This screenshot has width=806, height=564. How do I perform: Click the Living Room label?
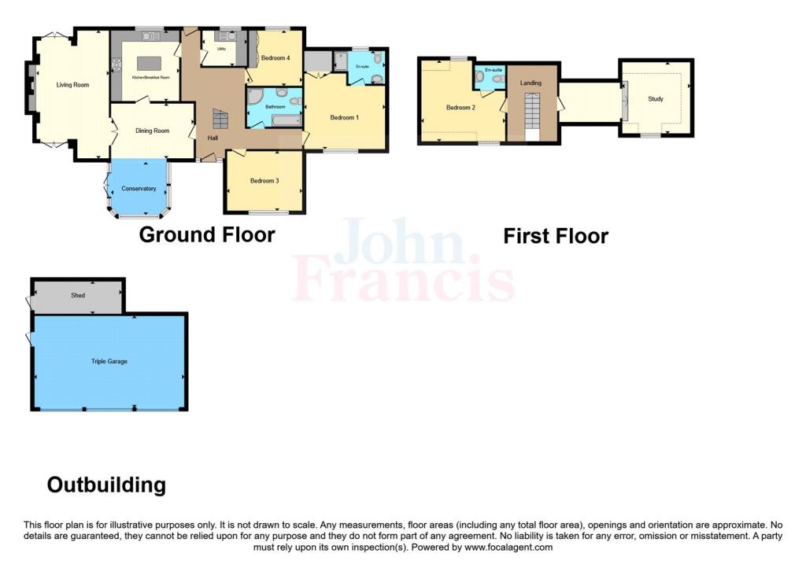click(72, 84)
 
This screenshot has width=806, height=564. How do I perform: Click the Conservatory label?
click(139, 189)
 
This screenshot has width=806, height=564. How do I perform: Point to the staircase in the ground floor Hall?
click(220, 120)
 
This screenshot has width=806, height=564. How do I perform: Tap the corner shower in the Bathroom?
click(255, 97)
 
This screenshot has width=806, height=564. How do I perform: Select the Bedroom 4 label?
click(275, 58)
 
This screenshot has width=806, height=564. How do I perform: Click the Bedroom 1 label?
click(344, 118)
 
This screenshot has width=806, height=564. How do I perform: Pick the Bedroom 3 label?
click(264, 181)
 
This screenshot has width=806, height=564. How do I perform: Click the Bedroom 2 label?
click(460, 108)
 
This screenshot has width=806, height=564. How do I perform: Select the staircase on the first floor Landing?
click(533, 113)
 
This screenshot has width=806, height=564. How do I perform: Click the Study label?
click(655, 99)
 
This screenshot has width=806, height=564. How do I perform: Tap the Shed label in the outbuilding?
click(77, 296)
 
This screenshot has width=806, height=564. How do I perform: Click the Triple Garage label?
click(109, 361)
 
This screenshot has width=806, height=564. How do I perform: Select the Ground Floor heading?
click(207, 234)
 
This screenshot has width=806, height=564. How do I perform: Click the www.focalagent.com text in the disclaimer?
click(508, 547)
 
